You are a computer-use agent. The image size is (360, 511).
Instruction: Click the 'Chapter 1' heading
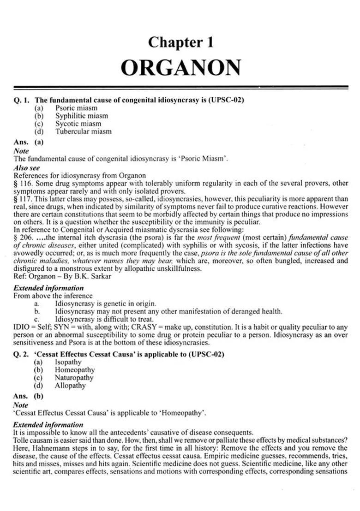click(x=180, y=42)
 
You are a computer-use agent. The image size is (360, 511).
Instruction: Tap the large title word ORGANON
click(x=180, y=67)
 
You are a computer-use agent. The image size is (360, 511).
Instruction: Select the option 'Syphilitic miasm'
click(x=81, y=116)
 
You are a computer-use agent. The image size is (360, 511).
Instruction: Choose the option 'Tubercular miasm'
click(x=83, y=131)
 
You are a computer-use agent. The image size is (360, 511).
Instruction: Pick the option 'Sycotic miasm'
click(x=78, y=124)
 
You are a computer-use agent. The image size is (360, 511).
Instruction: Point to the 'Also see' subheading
click(x=26, y=168)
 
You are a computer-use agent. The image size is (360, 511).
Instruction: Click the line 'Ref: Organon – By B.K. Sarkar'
click(x=62, y=277)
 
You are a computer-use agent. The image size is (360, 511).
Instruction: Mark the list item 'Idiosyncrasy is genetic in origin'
click(x=105, y=303)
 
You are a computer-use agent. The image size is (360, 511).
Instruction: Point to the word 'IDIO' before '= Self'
click(x=22, y=327)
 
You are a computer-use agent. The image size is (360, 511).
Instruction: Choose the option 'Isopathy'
click(x=68, y=362)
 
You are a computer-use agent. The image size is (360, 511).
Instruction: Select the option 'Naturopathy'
click(x=74, y=378)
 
